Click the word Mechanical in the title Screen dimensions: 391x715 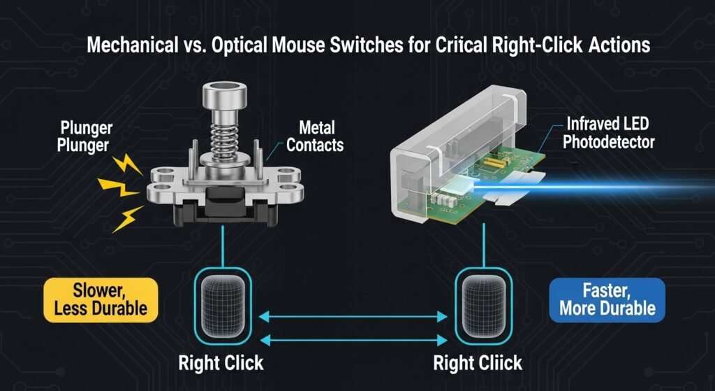point(122,47)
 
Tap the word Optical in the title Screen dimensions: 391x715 point(230,47)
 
